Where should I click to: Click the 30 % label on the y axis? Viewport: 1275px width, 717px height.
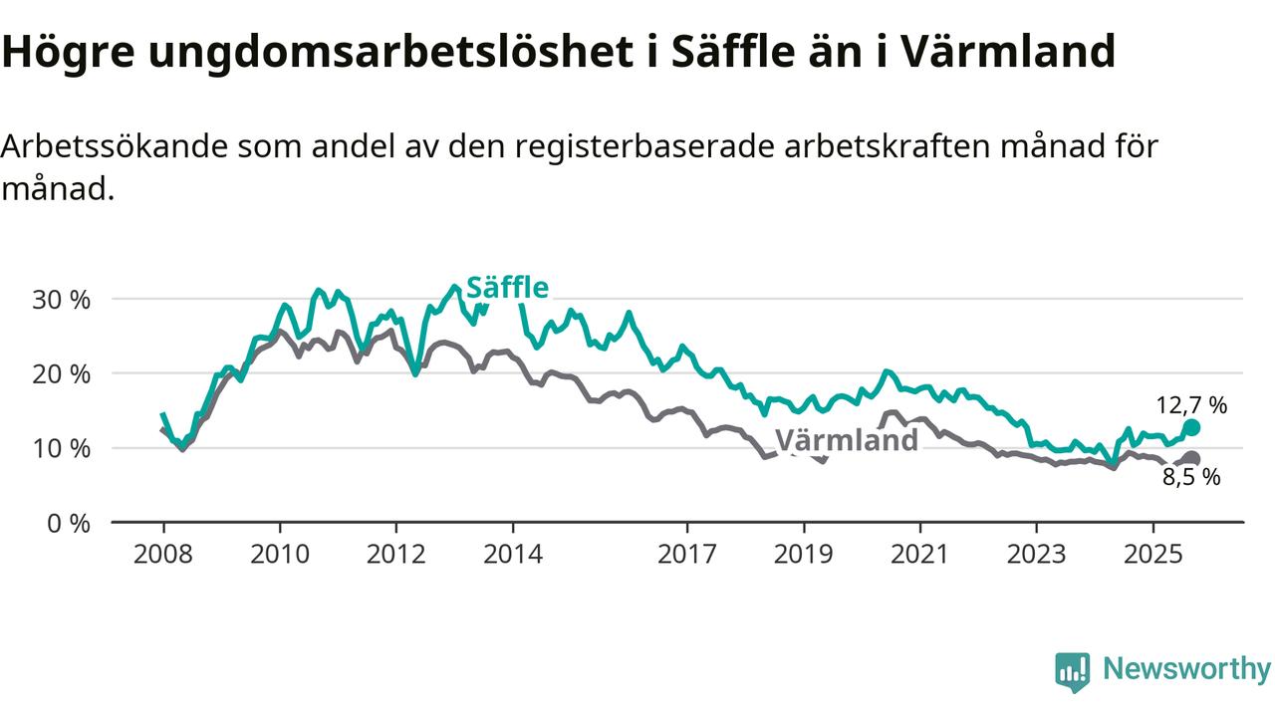pyautogui.click(x=64, y=299)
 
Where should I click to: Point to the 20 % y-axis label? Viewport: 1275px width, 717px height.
pyautogui.click(x=64, y=373)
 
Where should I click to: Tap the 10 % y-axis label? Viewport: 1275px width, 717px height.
pyautogui.click(x=64, y=448)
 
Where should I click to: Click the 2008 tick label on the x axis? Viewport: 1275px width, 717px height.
pyautogui.click(x=163, y=553)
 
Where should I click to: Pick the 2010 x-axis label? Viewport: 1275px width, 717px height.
pyautogui.click(x=280, y=553)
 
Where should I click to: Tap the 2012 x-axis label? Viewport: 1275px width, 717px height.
pyautogui.click(x=395, y=553)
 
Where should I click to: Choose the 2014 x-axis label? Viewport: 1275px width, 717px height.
pyautogui.click(x=512, y=553)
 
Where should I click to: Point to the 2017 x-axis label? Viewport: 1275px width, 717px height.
pyautogui.click(x=686, y=553)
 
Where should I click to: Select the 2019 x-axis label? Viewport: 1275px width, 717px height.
pyautogui.click(x=803, y=553)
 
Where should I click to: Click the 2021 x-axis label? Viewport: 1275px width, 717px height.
pyautogui.click(x=919, y=553)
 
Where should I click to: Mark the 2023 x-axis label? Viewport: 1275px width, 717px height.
pyautogui.click(x=1036, y=553)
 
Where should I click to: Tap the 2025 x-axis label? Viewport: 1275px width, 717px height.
pyautogui.click(x=1152, y=553)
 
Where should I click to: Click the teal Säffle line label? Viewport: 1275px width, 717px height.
pyautogui.click(x=507, y=288)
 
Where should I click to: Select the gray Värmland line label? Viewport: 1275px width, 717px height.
pyautogui.click(x=846, y=440)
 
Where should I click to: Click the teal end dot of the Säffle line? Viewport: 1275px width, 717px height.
pyautogui.click(x=1191, y=427)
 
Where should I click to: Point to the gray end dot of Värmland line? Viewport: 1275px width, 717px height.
pyautogui.click(x=1191, y=459)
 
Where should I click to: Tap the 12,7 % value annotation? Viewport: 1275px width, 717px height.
pyautogui.click(x=1191, y=405)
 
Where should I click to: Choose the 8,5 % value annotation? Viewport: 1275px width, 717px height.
pyautogui.click(x=1191, y=478)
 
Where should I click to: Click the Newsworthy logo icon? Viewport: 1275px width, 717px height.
pyautogui.click(x=1073, y=671)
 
